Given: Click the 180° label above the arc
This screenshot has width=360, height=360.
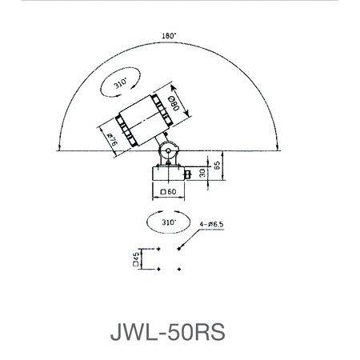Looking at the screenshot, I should [169, 35].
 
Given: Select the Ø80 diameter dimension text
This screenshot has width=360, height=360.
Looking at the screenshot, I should [174, 102].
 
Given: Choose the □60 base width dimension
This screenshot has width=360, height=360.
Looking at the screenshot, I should [168, 192].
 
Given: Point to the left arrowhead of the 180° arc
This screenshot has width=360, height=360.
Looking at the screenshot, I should [60, 147].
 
